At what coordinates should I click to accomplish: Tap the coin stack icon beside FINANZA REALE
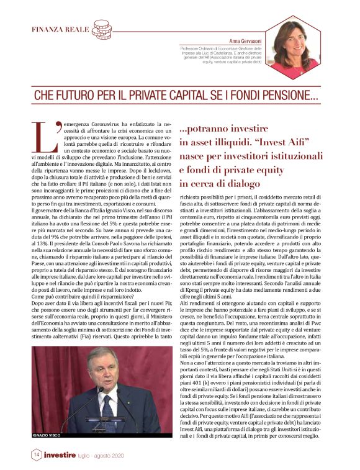101,29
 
